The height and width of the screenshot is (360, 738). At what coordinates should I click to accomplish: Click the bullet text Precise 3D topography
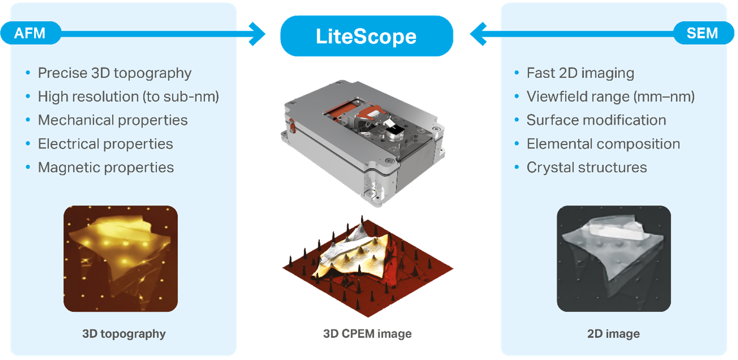tap(114, 73)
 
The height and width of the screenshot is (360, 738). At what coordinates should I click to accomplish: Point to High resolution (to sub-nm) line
tap(128, 97)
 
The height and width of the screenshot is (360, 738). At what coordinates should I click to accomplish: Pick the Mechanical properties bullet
tap(113, 120)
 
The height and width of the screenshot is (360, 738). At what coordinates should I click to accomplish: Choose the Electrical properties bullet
tap(105, 144)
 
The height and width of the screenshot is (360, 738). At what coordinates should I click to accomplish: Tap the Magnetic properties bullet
tap(106, 167)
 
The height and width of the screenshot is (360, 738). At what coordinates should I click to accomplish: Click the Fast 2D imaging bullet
tap(580, 73)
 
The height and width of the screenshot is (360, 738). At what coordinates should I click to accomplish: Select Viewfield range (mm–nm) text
tap(610, 97)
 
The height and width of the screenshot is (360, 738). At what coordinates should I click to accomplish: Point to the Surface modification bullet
tap(596, 120)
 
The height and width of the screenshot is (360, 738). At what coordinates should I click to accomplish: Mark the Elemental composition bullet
tap(603, 144)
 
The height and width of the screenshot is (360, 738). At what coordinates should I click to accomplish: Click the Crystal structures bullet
tap(587, 167)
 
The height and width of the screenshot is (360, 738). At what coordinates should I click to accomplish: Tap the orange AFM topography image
tap(121, 259)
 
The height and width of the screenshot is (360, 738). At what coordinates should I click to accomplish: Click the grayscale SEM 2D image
tap(613, 259)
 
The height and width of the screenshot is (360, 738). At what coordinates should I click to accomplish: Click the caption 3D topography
tap(124, 334)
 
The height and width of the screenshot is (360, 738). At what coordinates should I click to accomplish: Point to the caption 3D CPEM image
tap(367, 334)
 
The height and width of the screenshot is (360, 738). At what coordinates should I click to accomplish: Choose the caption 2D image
tap(613, 334)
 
